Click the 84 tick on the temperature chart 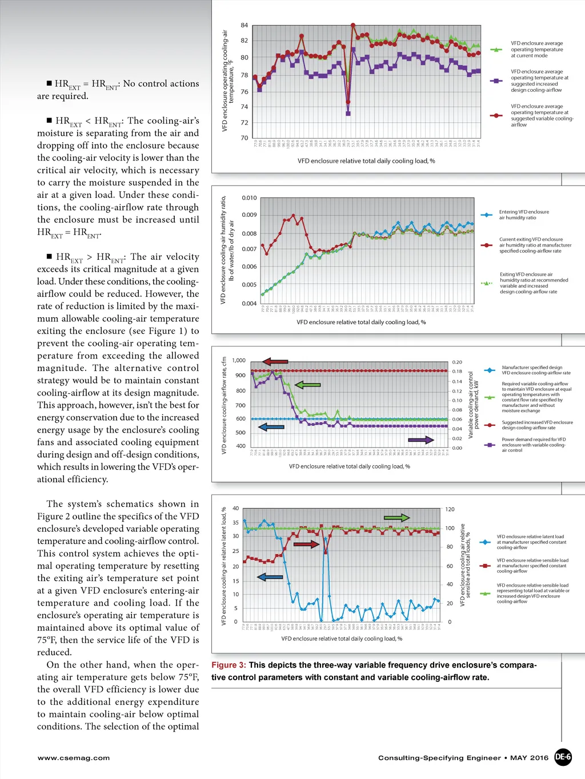[245, 25]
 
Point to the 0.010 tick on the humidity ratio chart [249, 198]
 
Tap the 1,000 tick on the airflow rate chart [239, 360]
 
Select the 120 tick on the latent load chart [450, 509]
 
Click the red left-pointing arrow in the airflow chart [275, 362]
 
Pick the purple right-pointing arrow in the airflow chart [421, 440]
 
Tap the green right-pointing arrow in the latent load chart [396, 518]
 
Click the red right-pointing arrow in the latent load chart [306, 544]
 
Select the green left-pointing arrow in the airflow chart [307, 385]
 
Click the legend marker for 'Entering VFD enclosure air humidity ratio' [486, 215]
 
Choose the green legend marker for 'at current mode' [496, 50]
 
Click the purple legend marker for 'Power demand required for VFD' [489, 445]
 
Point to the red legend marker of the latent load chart [485, 566]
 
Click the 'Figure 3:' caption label [229, 665]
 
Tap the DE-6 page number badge [563, 757]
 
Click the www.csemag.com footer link [74, 758]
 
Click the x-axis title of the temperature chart [366, 161]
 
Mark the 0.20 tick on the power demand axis [457, 362]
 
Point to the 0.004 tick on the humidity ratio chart [249, 304]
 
